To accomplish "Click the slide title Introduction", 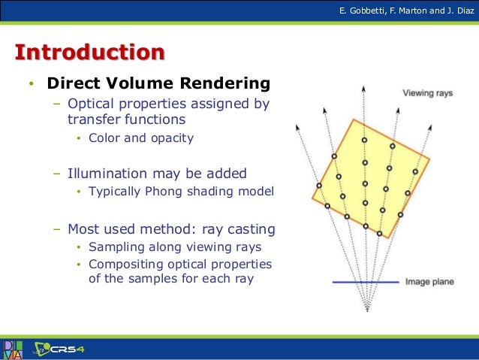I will point(89,53).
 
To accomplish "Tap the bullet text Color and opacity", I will point(140,138).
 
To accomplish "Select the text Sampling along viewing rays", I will point(174,247).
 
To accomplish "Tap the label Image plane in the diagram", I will point(429,283).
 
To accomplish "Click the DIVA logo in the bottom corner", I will point(12,349).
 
